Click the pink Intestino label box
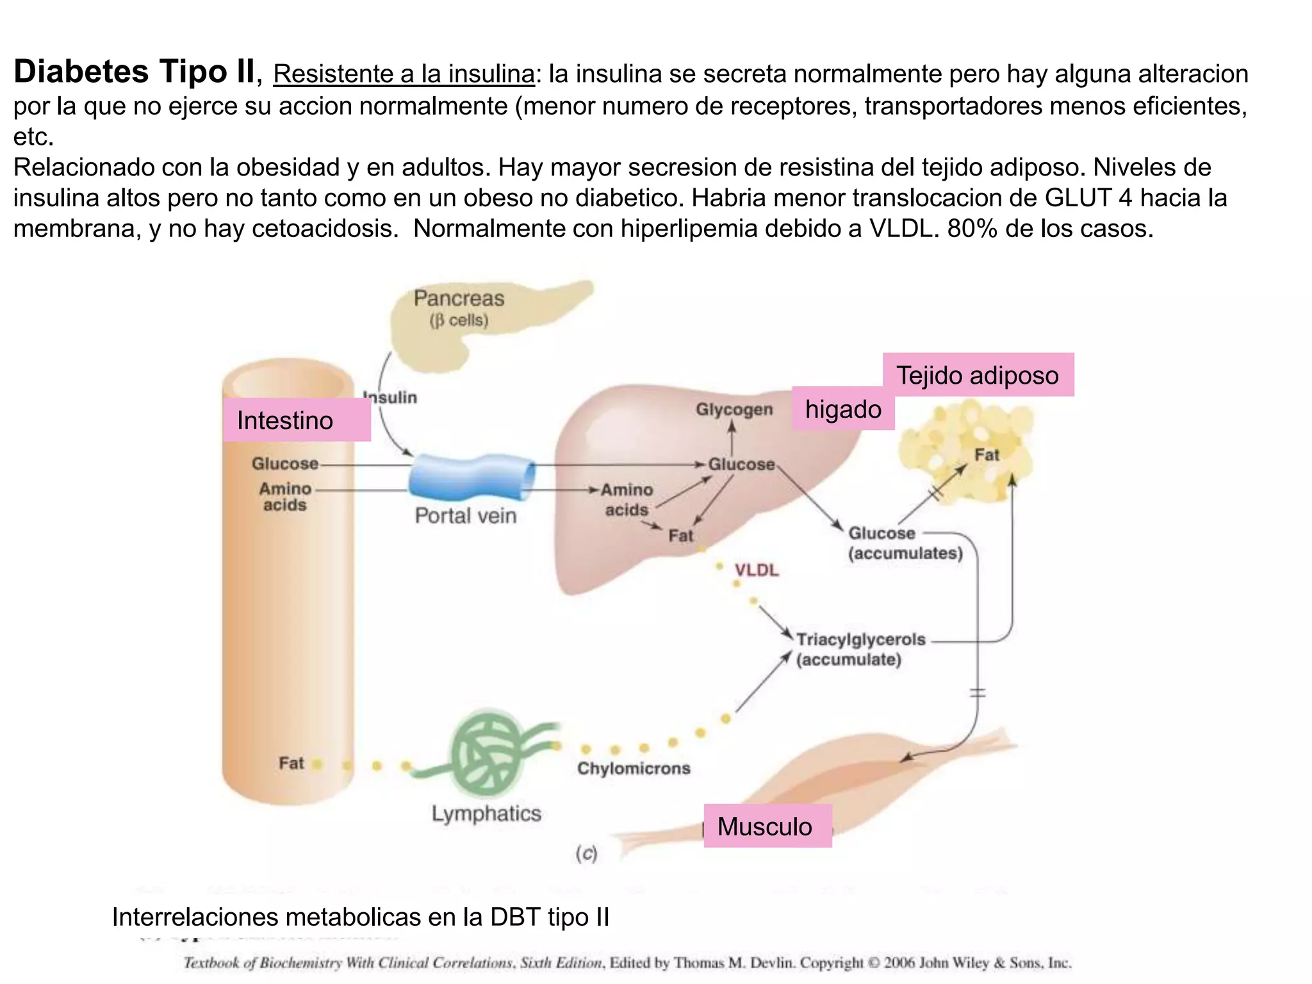click(x=297, y=420)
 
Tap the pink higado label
click(x=842, y=409)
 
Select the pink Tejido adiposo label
click(x=978, y=375)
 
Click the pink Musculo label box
click(x=767, y=826)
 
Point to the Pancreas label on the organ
click(x=459, y=299)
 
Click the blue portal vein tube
click(x=471, y=477)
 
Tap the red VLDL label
click(x=757, y=570)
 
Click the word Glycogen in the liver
click(x=734, y=409)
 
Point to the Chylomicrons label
click(x=634, y=768)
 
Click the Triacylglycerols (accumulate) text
click(x=860, y=649)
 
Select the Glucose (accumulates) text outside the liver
click(x=905, y=543)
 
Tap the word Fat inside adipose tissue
click(x=987, y=455)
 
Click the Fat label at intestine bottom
click(x=291, y=763)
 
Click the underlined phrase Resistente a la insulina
click(x=404, y=74)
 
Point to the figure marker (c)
click(x=586, y=853)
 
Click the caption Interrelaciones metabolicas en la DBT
click(x=360, y=917)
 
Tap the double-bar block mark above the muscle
click(x=978, y=693)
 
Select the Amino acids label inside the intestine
click(x=285, y=496)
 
